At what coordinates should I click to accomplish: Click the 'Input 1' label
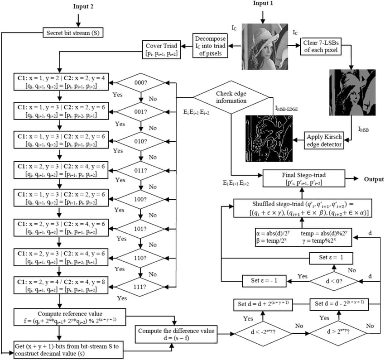coord(263,4)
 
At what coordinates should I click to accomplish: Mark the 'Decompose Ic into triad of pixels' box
coord(210,45)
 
